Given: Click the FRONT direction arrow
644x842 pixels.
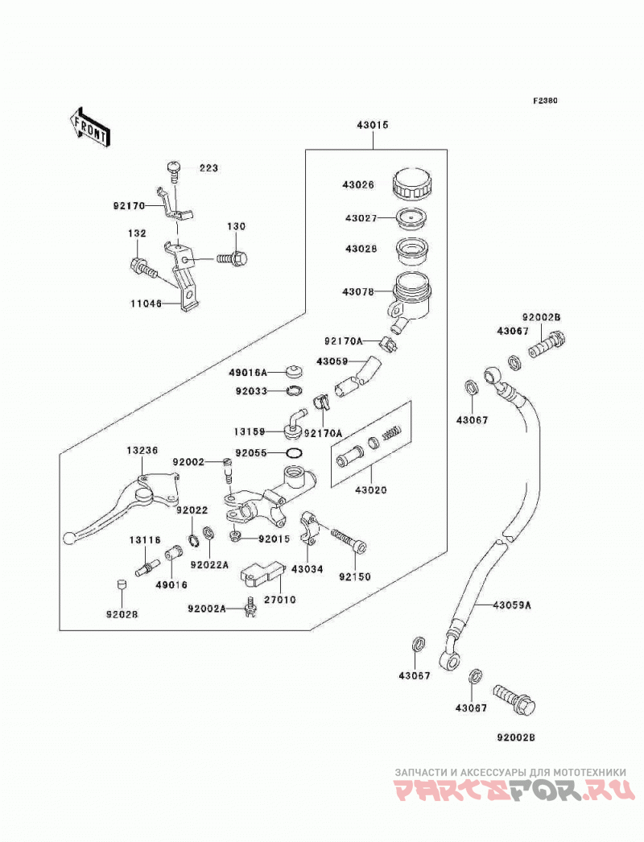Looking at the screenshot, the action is [x=89, y=126].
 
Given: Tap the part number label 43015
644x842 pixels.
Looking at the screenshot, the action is [x=372, y=125].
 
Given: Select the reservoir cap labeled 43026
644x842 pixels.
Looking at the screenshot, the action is [x=411, y=184].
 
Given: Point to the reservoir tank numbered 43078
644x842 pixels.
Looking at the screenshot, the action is [x=411, y=298].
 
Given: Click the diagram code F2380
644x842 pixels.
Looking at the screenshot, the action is [x=545, y=101].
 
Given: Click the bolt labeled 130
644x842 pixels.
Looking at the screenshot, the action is [x=233, y=259].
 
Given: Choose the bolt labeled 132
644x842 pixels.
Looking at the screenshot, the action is [x=143, y=267].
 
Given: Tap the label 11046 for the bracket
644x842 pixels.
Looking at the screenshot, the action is [x=145, y=303].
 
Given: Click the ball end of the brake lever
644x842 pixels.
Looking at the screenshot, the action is [x=68, y=537].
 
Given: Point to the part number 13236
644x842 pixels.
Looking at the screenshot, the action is [x=142, y=451].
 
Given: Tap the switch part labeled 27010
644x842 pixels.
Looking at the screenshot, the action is [x=262, y=572].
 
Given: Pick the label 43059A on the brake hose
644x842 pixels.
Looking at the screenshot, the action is [x=512, y=605].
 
